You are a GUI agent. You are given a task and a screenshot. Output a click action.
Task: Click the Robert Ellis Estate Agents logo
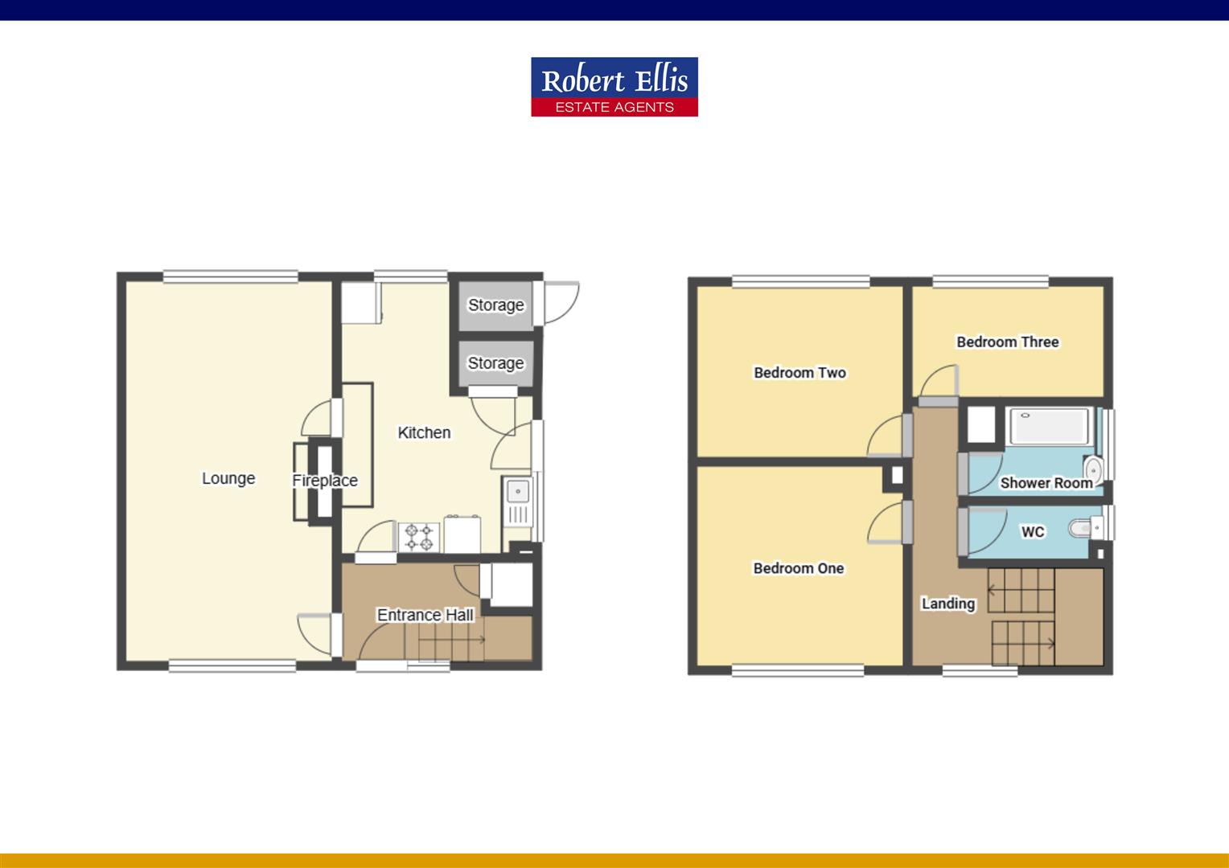coord(614,87)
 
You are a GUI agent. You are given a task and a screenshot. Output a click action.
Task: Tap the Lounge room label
coord(228,479)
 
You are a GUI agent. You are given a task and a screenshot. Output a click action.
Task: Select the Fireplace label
coord(325,481)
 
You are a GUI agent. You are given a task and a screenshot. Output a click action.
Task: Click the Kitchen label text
coord(424,432)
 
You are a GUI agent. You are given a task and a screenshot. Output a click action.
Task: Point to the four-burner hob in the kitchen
coord(419,538)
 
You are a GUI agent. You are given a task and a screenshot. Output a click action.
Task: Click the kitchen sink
coord(518,502)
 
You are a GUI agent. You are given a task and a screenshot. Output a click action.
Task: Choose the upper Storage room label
coord(496,305)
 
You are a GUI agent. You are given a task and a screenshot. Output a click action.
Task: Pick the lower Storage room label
coord(495,363)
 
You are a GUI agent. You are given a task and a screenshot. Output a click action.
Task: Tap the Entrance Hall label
coord(425,615)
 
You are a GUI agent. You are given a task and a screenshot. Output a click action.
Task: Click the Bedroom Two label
coord(800,373)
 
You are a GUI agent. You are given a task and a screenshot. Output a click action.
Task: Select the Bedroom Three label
coord(1008,342)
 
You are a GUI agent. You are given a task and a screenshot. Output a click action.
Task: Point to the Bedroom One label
coord(799,568)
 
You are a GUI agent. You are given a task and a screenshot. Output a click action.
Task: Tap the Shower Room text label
coord(1046,483)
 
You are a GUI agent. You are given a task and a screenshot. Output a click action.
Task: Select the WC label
coord(1033,531)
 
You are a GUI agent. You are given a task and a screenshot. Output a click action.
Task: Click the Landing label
coord(948,604)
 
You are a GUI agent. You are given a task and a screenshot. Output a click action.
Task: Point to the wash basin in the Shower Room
coord(1093,469)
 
